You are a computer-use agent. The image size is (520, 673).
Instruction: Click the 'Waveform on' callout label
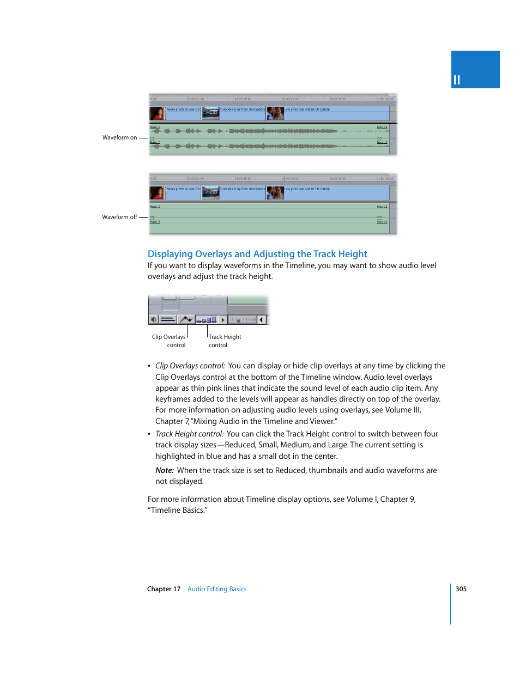pyautogui.click(x=119, y=138)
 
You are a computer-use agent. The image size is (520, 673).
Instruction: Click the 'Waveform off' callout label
pyautogui.click(x=119, y=217)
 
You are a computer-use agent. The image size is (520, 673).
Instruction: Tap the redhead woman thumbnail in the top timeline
pyautogui.click(x=157, y=113)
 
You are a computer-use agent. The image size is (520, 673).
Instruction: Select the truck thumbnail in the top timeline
pyautogui.click(x=210, y=113)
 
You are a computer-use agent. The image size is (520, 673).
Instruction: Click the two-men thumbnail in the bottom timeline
pyautogui.click(x=275, y=193)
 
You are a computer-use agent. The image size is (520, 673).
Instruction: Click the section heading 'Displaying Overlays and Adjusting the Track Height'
pyautogui.click(x=257, y=254)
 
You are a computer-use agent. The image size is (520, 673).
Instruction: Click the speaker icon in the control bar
pyautogui.click(x=154, y=320)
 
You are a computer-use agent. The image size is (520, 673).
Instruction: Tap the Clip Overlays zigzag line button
pyautogui.click(x=186, y=320)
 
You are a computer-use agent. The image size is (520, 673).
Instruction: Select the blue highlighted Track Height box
pyautogui.click(x=213, y=320)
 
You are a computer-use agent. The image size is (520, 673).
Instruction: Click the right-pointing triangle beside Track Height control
pyautogui.click(x=223, y=320)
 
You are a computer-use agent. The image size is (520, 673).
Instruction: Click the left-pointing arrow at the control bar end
pyautogui.click(x=262, y=320)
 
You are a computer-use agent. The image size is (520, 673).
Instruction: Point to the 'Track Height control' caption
pyautogui.click(x=224, y=341)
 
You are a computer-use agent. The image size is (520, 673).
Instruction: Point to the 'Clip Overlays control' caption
pyautogui.click(x=169, y=341)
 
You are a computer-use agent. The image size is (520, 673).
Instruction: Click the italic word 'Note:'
pyautogui.click(x=164, y=470)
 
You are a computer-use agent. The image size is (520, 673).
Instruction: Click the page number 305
pyautogui.click(x=461, y=589)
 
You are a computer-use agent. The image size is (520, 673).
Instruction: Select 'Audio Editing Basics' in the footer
pyautogui.click(x=217, y=589)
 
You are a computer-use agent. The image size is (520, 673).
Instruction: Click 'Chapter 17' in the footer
pyautogui.click(x=164, y=589)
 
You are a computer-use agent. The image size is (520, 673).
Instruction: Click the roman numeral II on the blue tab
pyautogui.click(x=457, y=80)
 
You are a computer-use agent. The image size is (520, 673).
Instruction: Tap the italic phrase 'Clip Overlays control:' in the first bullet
pyautogui.click(x=190, y=366)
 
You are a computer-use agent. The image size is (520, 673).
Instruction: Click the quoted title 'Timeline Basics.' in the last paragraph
pyautogui.click(x=178, y=511)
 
